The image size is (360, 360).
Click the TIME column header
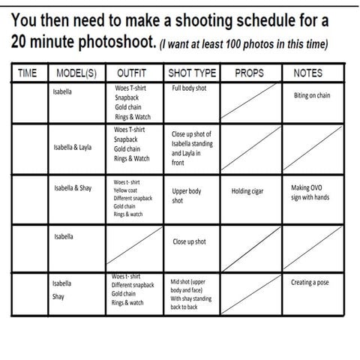(27, 73)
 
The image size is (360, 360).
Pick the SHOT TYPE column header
(192, 73)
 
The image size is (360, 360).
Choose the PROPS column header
(249, 73)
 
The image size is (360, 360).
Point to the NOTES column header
(307, 73)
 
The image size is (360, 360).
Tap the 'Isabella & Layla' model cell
(73, 147)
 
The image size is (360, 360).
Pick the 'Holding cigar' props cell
(247, 191)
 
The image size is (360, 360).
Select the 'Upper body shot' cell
(187, 196)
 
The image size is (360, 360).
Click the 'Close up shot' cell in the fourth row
(189, 242)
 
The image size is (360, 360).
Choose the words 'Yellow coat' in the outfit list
(129, 190)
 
